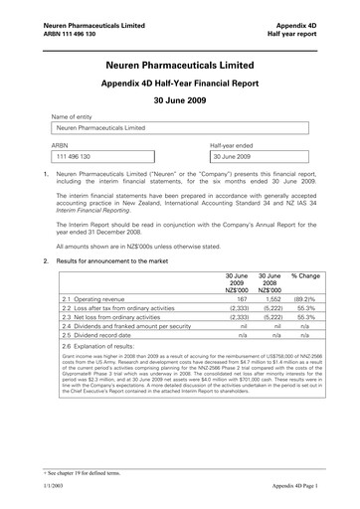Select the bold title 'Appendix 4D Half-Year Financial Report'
tap(179, 85)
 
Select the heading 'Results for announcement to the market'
tap(120, 260)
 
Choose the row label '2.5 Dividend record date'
tap(96, 337)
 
